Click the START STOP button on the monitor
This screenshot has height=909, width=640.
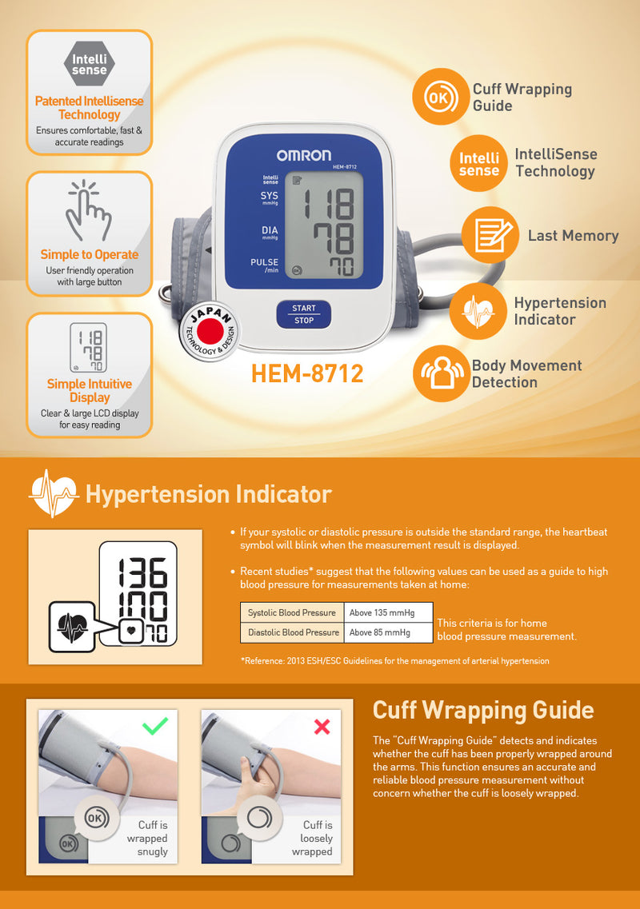click(x=303, y=314)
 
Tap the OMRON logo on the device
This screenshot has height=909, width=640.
click(x=304, y=155)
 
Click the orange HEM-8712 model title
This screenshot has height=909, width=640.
click(x=307, y=373)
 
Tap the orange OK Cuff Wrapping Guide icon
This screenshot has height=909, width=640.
click(x=439, y=97)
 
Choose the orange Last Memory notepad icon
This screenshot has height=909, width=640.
click(x=488, y=235)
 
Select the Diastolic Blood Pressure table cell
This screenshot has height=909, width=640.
click(x=293, y=632)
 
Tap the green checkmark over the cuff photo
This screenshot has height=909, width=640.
click(x=154, y=726)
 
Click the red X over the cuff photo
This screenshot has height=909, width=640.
click(x=322, y=727)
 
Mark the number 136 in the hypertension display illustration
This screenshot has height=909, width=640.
click(x=142, y=572)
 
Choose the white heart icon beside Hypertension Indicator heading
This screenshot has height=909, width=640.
click(x=53, y=493)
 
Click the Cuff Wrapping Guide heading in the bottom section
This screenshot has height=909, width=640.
click(x=483, y=710)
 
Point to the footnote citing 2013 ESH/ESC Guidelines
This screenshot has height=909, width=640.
click(x=394, y=661)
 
